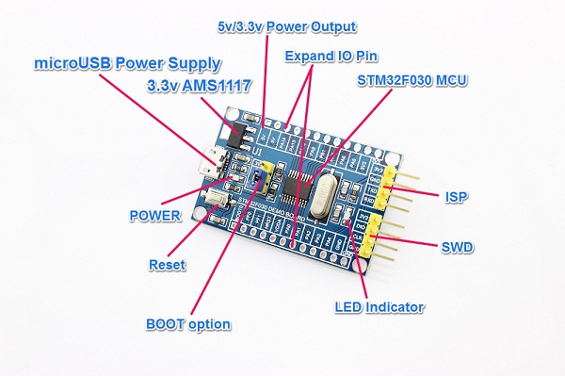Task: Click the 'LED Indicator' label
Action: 379,307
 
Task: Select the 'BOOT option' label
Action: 188,323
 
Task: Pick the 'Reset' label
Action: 168,265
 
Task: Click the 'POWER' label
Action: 154,215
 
